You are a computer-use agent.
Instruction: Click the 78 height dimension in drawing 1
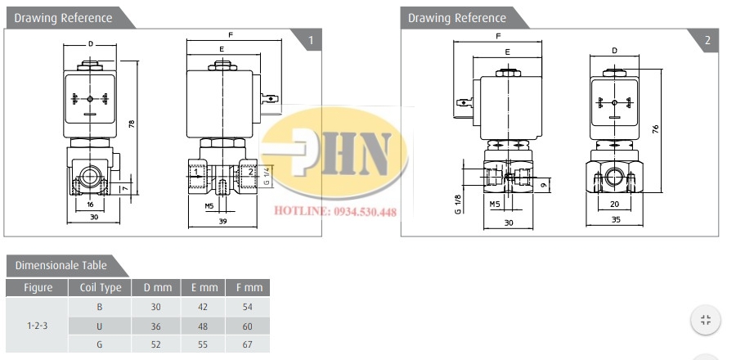[x=132, y=124]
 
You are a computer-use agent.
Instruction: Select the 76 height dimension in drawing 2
[x=656, y=128]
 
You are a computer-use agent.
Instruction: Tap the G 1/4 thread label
[x=266, y=176]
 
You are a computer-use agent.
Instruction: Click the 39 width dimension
[x=223, y=221]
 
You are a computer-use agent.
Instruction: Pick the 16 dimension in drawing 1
[x=91, y=205]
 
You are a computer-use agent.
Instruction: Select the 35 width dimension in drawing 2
[x=616, y=219]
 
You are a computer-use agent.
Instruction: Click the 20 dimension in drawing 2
[x=614, y=205]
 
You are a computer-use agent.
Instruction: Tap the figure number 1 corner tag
[x=310, y=40]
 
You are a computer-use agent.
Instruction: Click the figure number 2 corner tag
[x=707, y=40]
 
